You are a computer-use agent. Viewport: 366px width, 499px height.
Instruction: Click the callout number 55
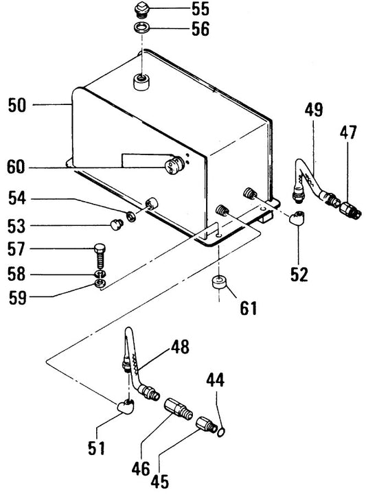pyautogui.click(x=201, y=9)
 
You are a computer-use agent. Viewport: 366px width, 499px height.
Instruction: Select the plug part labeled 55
pyautogui.click(x=141, y=10)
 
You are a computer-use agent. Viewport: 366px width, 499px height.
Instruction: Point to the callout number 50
pyautogui.click(x=17, y=105)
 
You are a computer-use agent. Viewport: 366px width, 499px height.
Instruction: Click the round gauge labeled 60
pyautogui.click(x=173, y=165)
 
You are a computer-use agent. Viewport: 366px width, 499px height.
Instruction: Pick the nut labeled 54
pyautogui.click(x=130, y=216)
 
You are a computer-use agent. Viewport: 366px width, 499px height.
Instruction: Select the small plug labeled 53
pyautogui.click(x=117, y=224)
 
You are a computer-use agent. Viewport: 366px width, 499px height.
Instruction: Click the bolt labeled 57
pyautogui.click(x=100, y=255)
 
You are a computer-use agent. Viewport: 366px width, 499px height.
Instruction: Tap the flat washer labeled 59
pyautogui.click(x=100, y=283)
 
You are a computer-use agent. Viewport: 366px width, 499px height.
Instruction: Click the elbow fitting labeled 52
pyautogui.click(x=297, y=219)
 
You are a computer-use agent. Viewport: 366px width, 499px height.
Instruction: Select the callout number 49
pyautogui.click(x=314, y=110)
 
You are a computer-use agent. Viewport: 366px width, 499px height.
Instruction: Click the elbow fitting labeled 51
pyautogui.click(x=126, y=406)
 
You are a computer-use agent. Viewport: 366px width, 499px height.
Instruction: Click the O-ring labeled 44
pyautogui.click(x=222, y=432)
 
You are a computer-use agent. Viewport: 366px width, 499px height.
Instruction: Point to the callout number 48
pyautogui.click(x=181, y=347)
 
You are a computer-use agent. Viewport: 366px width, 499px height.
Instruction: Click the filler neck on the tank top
pyautogui.click(x=141, y=82)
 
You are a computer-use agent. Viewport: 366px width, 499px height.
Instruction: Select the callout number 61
pyautogui.click(x=248, y=308)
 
